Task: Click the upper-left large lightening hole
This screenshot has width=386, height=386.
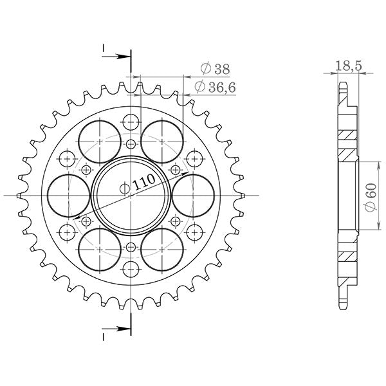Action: point(99,140)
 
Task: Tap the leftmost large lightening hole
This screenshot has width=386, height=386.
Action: point(68,195)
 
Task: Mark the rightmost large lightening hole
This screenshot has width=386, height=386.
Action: point(192,195)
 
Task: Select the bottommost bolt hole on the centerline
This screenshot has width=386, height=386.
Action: point(131,268)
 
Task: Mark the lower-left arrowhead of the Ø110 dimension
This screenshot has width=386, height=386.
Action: point(80,219)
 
